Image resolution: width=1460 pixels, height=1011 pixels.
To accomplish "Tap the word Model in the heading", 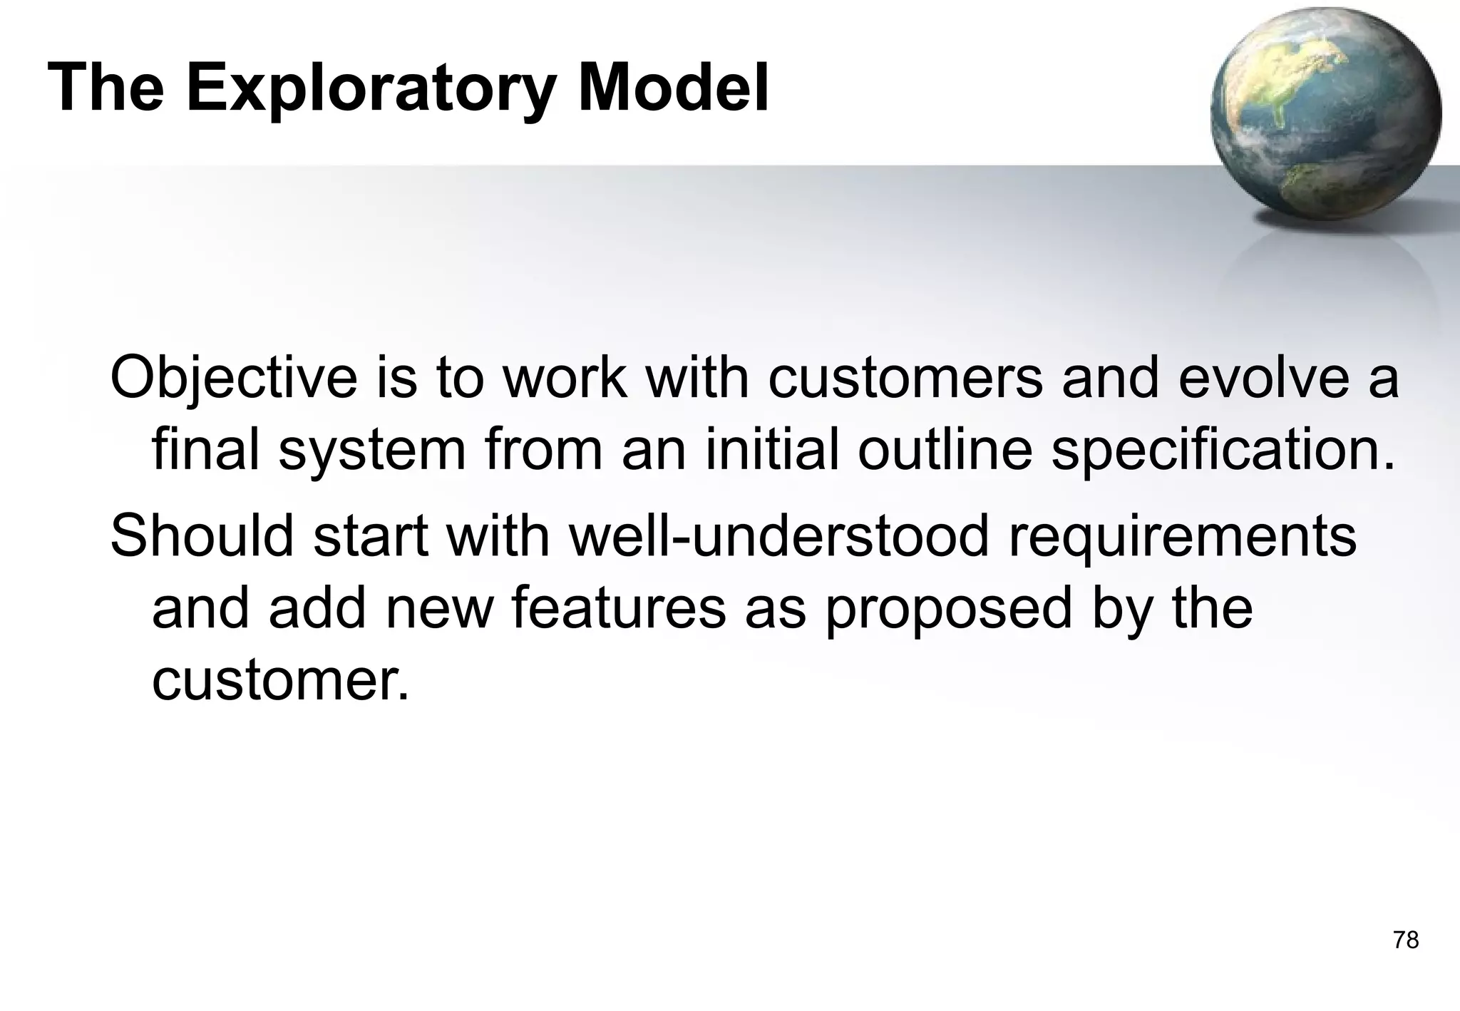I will (673, 88).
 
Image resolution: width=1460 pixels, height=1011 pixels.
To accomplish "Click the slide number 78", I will (1406, 940).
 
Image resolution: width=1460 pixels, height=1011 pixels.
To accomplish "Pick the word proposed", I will (949, 610).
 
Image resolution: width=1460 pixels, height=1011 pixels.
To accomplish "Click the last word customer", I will (281, 681).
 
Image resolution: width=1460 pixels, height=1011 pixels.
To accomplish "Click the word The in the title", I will (106, 88).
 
